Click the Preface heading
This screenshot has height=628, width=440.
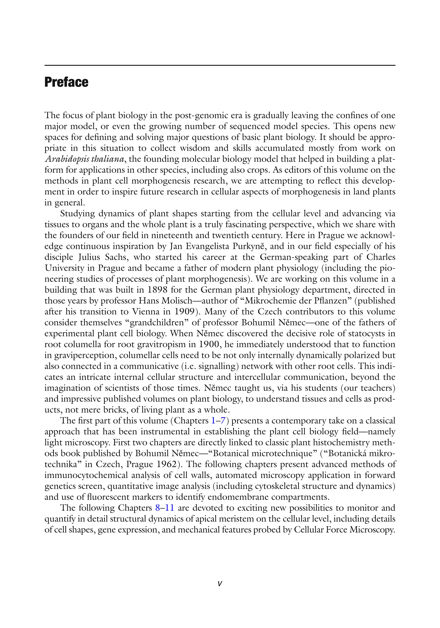point(66,82)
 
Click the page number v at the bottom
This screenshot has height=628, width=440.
point(220,584)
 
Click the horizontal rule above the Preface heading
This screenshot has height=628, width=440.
point(220,65)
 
